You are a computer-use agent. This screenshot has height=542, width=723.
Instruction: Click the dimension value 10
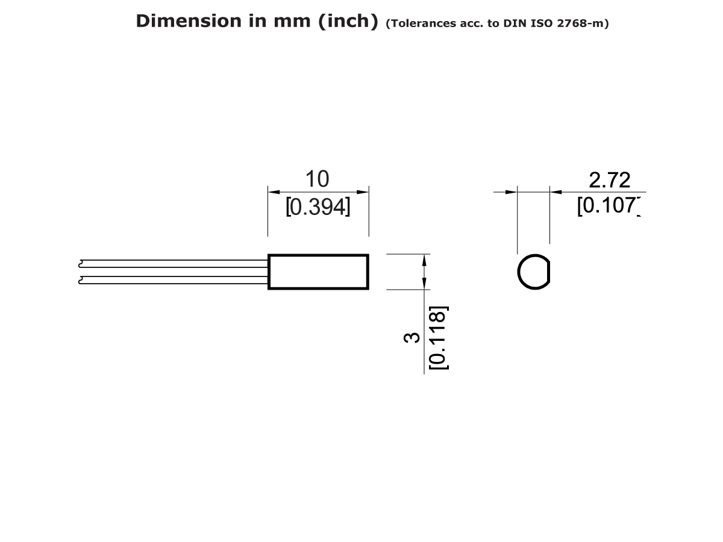318,179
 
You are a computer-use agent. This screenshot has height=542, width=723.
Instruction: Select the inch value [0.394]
318,207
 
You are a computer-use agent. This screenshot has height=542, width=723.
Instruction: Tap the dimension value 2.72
609,179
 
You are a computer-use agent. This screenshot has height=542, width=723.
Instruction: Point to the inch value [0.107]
607,206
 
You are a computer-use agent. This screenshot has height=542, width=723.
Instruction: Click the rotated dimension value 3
412,338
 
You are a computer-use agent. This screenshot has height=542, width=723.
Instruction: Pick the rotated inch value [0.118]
437,338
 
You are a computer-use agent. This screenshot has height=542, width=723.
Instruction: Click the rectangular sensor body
318,272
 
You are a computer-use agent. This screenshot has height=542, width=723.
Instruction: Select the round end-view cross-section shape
533,272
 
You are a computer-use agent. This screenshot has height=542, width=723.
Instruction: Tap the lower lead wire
175,279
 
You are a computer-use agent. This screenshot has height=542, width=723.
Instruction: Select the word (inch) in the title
344,21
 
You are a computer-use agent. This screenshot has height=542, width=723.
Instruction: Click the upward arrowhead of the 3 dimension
425,259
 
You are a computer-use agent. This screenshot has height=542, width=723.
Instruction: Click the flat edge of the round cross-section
548,272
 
